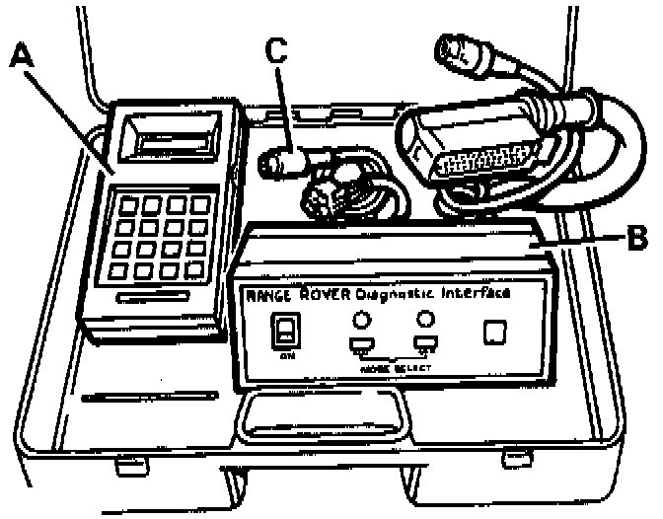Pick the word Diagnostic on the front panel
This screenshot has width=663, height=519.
click(x=399, y=292)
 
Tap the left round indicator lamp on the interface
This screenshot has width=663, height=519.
click(x=360, y=319)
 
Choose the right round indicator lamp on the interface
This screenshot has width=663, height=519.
click(x=426, y=319)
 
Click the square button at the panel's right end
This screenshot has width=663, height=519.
click(x=493, y=334)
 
